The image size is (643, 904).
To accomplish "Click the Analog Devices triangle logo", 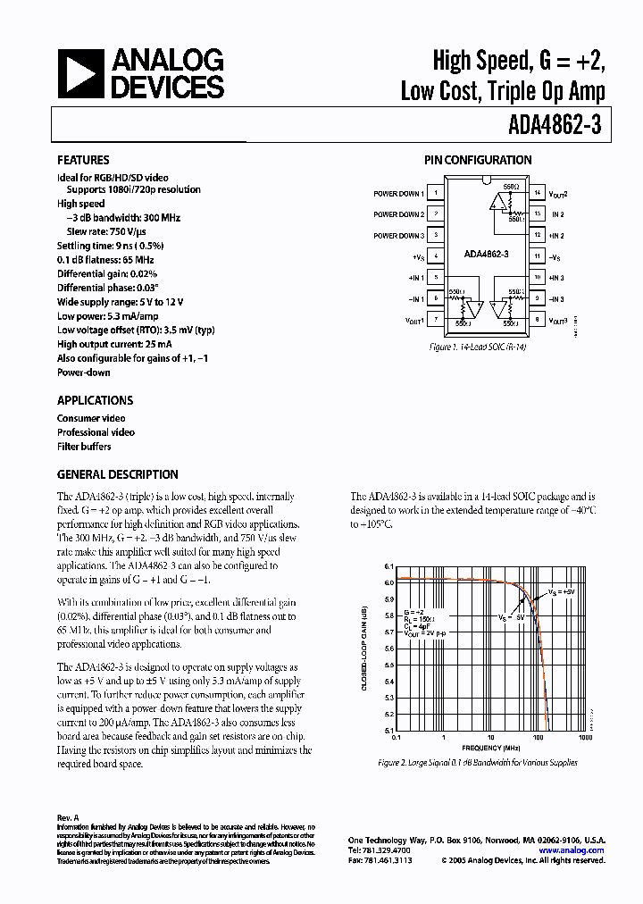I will pyautogui.click(x=80, y=73).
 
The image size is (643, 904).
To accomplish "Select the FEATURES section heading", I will pyautogui.click(x=84, y=160).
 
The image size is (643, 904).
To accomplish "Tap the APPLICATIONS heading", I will pyautogui.click(x=95, y=400).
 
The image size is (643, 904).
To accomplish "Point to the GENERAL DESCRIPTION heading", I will pyautogui.click(x=117, y=474).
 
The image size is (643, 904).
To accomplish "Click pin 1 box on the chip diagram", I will pyautogui.click(x=435, y=193).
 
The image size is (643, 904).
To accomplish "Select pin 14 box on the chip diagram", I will pyautogui.click(x=537, y=193).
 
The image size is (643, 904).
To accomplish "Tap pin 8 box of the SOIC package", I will pyautogui.click(x=537, y=319).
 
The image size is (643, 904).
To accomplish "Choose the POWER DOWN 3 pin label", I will pyautogui.click(x=398, y=236).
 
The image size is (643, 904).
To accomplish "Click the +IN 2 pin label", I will pyautogui.click(x=556, y=236).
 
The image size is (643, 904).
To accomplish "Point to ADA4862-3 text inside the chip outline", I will pyautogui.click(x=486, y=254).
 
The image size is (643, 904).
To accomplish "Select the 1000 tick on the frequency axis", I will pyautogui.click(x=585, y=739).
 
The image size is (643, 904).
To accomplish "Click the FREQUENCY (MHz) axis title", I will pyautogui.click(x=490, y=747).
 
